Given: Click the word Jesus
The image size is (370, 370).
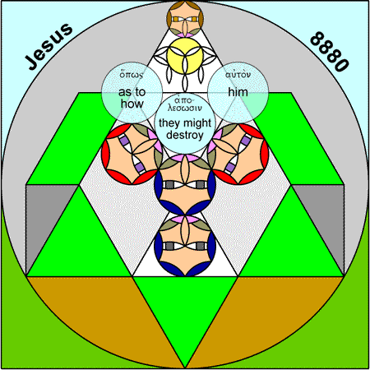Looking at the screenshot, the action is pos(49,46).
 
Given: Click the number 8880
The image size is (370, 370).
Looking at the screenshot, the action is pos(330,52).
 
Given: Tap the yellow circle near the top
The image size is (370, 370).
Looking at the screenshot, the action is pos(185,56).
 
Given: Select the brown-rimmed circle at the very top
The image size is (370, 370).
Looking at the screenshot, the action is pos(185,18).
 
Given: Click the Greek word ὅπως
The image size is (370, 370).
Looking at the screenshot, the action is pos(132,74).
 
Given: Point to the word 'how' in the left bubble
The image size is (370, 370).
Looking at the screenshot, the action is pos(132,104).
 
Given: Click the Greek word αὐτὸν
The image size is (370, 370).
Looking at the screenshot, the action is pos(238,74).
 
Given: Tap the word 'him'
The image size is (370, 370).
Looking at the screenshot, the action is pos(238,92).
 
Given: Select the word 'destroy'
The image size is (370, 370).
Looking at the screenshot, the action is pos(185,135).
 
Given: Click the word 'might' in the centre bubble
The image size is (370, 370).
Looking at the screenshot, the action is pos(197,123).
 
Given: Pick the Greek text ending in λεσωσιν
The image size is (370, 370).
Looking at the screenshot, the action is pos(185,104).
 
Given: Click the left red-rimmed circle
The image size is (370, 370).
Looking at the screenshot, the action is pos(132,154).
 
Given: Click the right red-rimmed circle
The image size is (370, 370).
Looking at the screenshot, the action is pos(238,154).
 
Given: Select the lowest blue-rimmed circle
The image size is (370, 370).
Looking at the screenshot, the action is pos(185,246).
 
